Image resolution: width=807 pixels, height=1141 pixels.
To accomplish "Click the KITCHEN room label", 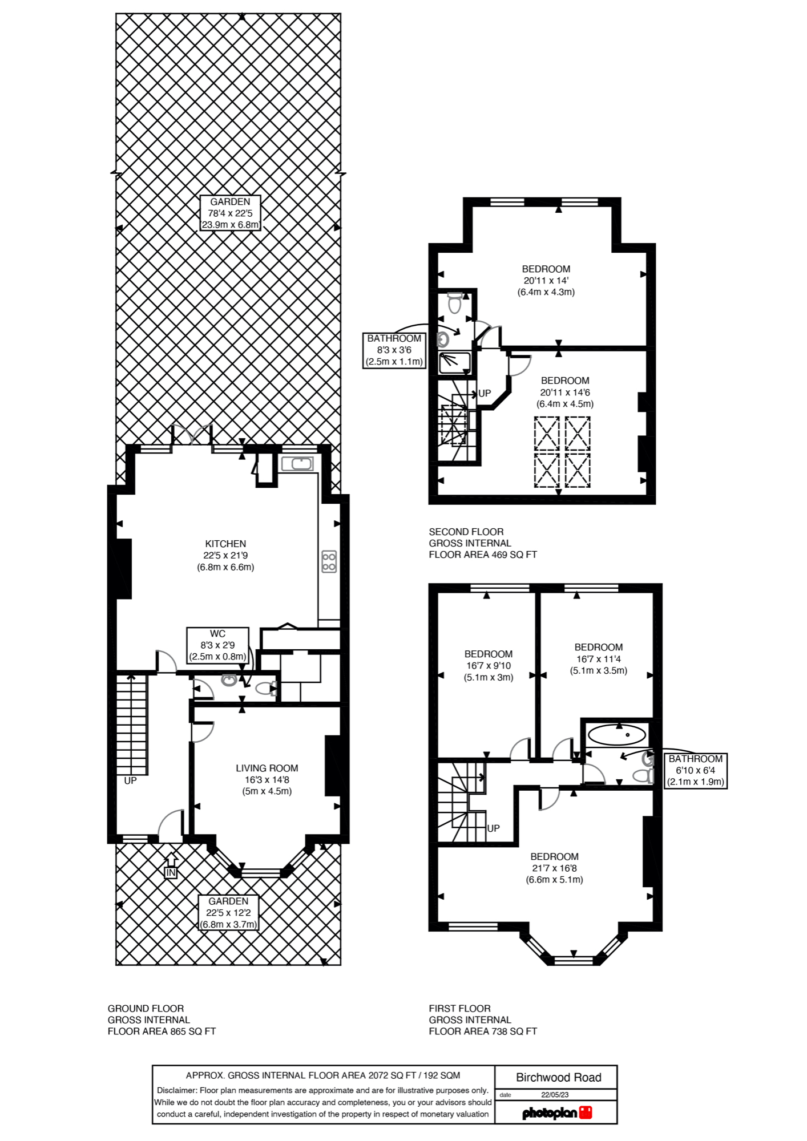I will point(225,555).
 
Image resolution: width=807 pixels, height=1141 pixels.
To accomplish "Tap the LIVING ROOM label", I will point(267,779).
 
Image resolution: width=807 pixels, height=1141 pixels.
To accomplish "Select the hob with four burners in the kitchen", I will point(329,561).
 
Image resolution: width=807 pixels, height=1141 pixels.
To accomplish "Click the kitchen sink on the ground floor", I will point(297,464).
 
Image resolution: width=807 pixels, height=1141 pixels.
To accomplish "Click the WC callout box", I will point(217,645).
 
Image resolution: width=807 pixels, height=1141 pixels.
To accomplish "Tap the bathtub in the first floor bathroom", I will point(616,735).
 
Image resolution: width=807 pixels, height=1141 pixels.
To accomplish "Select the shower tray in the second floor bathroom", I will point(455,363).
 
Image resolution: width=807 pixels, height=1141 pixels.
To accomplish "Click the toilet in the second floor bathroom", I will point(455,303).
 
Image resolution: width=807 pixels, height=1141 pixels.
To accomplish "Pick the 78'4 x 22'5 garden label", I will point(230,213).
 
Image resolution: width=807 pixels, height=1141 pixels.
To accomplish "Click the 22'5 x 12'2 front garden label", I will point(228,912).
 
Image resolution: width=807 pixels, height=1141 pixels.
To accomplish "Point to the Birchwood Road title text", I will point(558,1077).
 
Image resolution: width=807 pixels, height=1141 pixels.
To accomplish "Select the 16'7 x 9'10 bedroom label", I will point(488,665).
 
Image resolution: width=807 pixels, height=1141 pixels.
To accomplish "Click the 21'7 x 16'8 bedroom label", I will point(554,868).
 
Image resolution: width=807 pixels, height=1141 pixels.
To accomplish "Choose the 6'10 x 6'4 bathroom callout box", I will point(695,770).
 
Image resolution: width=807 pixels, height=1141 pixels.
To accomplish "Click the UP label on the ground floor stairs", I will point(130,780).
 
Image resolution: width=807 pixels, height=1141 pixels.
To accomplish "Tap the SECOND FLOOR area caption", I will point(483,543).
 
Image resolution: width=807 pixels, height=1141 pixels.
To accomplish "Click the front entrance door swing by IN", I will point(170,825).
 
